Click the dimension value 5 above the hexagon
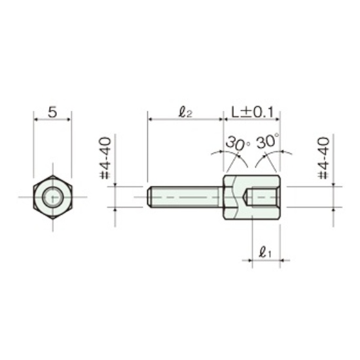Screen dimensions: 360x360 52,113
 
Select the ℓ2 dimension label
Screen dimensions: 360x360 185,113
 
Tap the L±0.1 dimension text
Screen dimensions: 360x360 253,113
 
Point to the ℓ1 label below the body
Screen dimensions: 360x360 265,252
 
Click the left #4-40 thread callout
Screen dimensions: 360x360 105,158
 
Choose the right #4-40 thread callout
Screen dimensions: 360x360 323,158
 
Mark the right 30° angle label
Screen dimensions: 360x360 268,141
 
